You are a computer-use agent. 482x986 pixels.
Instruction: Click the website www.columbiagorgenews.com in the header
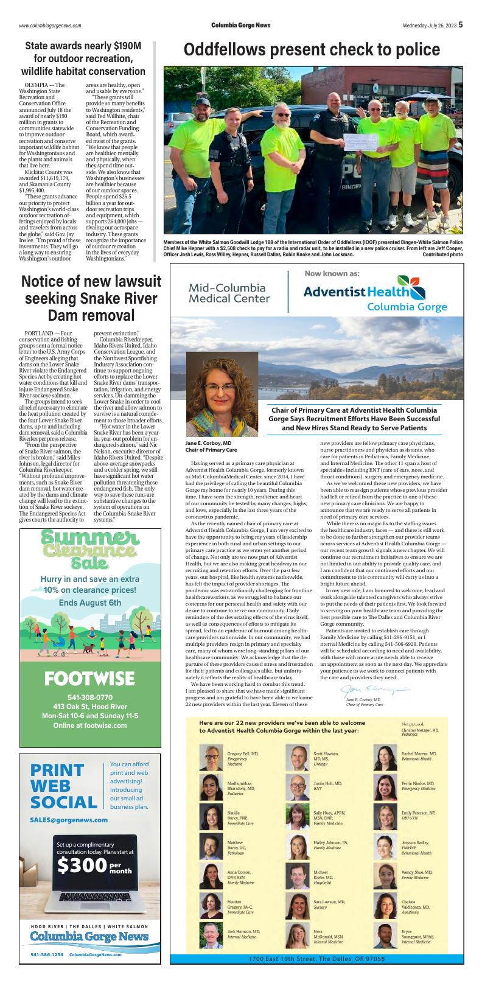[50, 26]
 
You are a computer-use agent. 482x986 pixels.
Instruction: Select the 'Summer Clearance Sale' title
[89, 548]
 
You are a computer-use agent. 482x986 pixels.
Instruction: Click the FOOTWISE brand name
[89, 677]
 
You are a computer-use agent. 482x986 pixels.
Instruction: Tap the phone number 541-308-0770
[89, 697]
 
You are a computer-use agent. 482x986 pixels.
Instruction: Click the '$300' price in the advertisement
[82, 866]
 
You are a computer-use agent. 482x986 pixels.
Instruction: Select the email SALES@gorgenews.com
[69, 820]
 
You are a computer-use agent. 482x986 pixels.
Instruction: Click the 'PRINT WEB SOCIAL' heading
[63, 786]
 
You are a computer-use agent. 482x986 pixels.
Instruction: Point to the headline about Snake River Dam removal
[89, 299]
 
